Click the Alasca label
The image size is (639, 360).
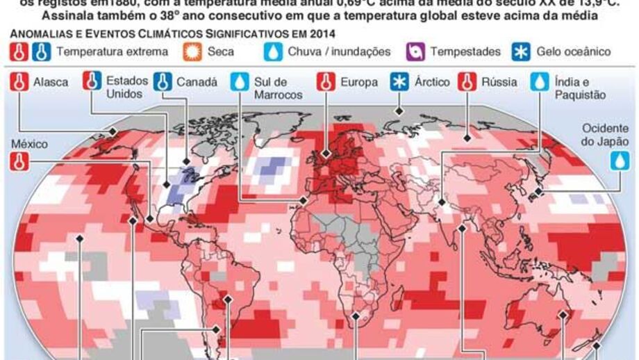[x=51, y=82]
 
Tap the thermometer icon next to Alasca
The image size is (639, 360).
[x=21, y=82]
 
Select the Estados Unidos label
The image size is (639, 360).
[x=126, y=88]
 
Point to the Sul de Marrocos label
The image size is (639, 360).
[x=278, y=88]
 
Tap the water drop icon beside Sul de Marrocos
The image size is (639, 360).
[x=240, y=82]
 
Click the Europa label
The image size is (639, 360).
[x=358, y=82]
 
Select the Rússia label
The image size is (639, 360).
[x=499, y=82]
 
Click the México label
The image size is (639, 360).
[x=29, y=144]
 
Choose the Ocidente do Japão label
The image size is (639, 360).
[x=606, y=134]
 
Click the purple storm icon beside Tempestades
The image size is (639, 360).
[x=415, y=51]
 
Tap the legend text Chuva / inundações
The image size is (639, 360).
[x=339, y=51]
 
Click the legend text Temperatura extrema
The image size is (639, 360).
[x=112, y=51]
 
